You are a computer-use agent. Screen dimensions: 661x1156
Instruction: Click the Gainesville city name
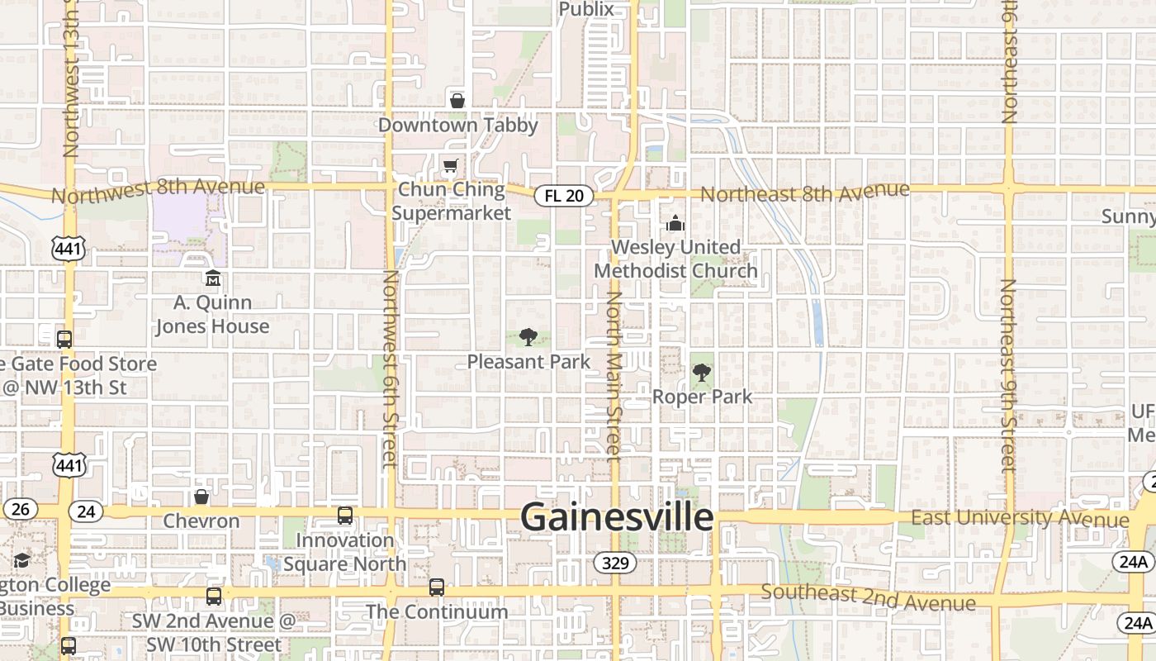click(617, 517)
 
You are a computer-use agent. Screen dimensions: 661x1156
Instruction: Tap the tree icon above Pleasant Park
click(528, 337)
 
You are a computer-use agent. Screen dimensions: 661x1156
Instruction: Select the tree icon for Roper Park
click(702, 373)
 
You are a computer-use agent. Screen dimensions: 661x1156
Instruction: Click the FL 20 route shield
click(564, 196)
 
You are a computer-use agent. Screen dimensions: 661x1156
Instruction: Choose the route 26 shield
click(20, 509)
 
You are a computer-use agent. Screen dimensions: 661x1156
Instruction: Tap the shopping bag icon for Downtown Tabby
click(457, 101)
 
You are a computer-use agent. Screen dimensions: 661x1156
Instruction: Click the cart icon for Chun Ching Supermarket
click(450, 167)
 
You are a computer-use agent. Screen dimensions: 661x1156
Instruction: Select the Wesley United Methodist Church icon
click(675, 223)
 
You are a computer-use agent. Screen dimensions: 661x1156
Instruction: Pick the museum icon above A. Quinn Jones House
click(213, 278)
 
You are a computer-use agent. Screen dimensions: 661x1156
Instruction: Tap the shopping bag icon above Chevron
click(201, 497)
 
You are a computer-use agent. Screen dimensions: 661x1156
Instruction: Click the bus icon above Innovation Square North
click(345, 516)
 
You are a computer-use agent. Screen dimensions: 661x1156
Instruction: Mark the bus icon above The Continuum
click(437, 587)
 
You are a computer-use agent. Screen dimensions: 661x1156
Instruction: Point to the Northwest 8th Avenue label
click(159, 190)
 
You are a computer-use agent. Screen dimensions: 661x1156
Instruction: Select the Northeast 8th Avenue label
click(805, 193)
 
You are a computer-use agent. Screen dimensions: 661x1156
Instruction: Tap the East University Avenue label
click(1020, 518)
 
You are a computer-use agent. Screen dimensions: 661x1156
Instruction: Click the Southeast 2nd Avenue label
click(868, 597)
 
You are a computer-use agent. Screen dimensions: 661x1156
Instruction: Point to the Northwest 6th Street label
click(390, 368)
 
